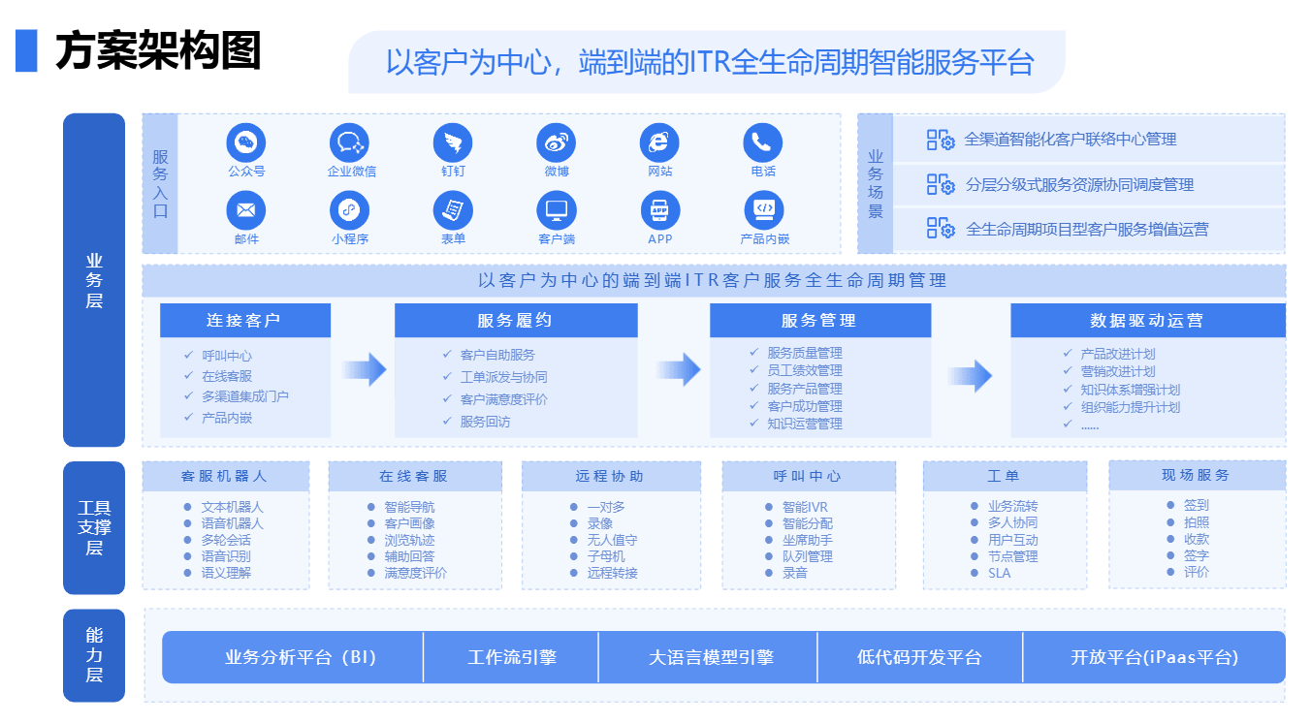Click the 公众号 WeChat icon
tap(246, 142)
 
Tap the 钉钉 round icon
tap(453, 142)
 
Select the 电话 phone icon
tap(762, 142)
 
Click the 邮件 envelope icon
tap(246, 210)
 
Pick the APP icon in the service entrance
tap(659, 210)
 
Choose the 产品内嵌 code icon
tap(764, 210)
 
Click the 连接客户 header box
tap(245, 320)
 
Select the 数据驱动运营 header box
tap(1148, 320)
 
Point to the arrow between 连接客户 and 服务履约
tap(364, 369)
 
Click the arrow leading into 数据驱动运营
tap(970, 375)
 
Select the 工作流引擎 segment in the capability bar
tap(511, 657)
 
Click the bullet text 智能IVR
tap(805, 507)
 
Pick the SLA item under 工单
tap(999, 573)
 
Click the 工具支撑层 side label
tap(94, 527)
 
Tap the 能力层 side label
tap(94, 655)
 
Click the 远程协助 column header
tap(611, 476)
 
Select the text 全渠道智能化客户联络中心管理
tap(1070, 140)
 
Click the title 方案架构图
tap(158, 50)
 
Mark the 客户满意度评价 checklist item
tap(503, 399)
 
